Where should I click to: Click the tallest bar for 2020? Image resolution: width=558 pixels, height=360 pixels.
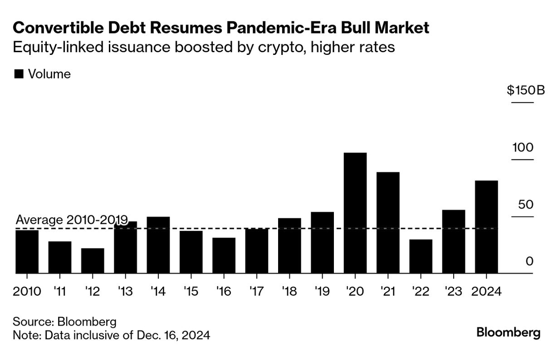click(x=355, y=213)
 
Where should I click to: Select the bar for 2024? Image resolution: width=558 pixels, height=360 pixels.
click(x=486, y=227)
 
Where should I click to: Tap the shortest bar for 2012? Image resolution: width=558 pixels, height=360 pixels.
click(x=93, y=261)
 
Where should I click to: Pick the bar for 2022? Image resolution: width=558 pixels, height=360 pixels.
click(x=421, y=257)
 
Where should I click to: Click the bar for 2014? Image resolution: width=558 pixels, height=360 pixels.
click(x=158, y=245)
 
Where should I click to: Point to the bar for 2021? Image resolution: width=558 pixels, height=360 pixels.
click(x=388, y=223)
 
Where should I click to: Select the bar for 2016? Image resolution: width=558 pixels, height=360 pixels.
click(x=224, y=256)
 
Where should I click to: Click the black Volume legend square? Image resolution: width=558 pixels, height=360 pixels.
click(x=19, y=74)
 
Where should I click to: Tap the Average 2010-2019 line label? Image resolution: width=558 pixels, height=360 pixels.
click(x=71, y=220)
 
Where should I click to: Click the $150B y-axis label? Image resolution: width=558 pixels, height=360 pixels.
click(x=526, y=90)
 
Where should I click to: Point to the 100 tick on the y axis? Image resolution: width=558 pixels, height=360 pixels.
click(x=523, y=148)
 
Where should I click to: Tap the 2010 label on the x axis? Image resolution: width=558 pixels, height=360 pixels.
click(x=27, y=291)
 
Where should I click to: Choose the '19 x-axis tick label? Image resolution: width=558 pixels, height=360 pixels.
click(x=322, y=291)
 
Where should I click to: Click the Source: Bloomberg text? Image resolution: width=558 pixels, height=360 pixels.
click(x=64, y=322)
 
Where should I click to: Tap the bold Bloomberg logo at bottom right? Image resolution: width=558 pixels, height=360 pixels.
click(x=509, y=333)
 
